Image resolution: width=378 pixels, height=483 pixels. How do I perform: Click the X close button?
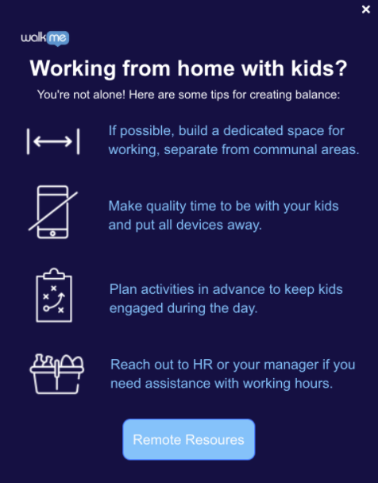point(365,10)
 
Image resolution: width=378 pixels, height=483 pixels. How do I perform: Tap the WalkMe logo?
point(45,38)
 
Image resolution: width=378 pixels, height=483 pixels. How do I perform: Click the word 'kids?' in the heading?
point(319,68)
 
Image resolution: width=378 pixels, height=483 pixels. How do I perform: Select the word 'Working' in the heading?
point(73,68)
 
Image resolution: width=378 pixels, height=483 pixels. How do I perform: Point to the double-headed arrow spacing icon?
point(53,141)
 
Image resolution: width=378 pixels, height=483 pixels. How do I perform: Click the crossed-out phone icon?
point(53,212)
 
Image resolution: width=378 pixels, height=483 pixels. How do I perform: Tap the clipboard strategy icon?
point(54,295)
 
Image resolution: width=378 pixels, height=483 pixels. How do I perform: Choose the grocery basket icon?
point(57,373)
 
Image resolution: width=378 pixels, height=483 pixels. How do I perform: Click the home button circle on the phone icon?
point(52,234)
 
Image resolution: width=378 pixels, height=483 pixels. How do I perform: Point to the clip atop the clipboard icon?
point(54,273)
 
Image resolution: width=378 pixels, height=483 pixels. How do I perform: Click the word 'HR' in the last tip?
point(202,365)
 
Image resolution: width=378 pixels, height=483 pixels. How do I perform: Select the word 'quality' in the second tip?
point(166,207)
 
